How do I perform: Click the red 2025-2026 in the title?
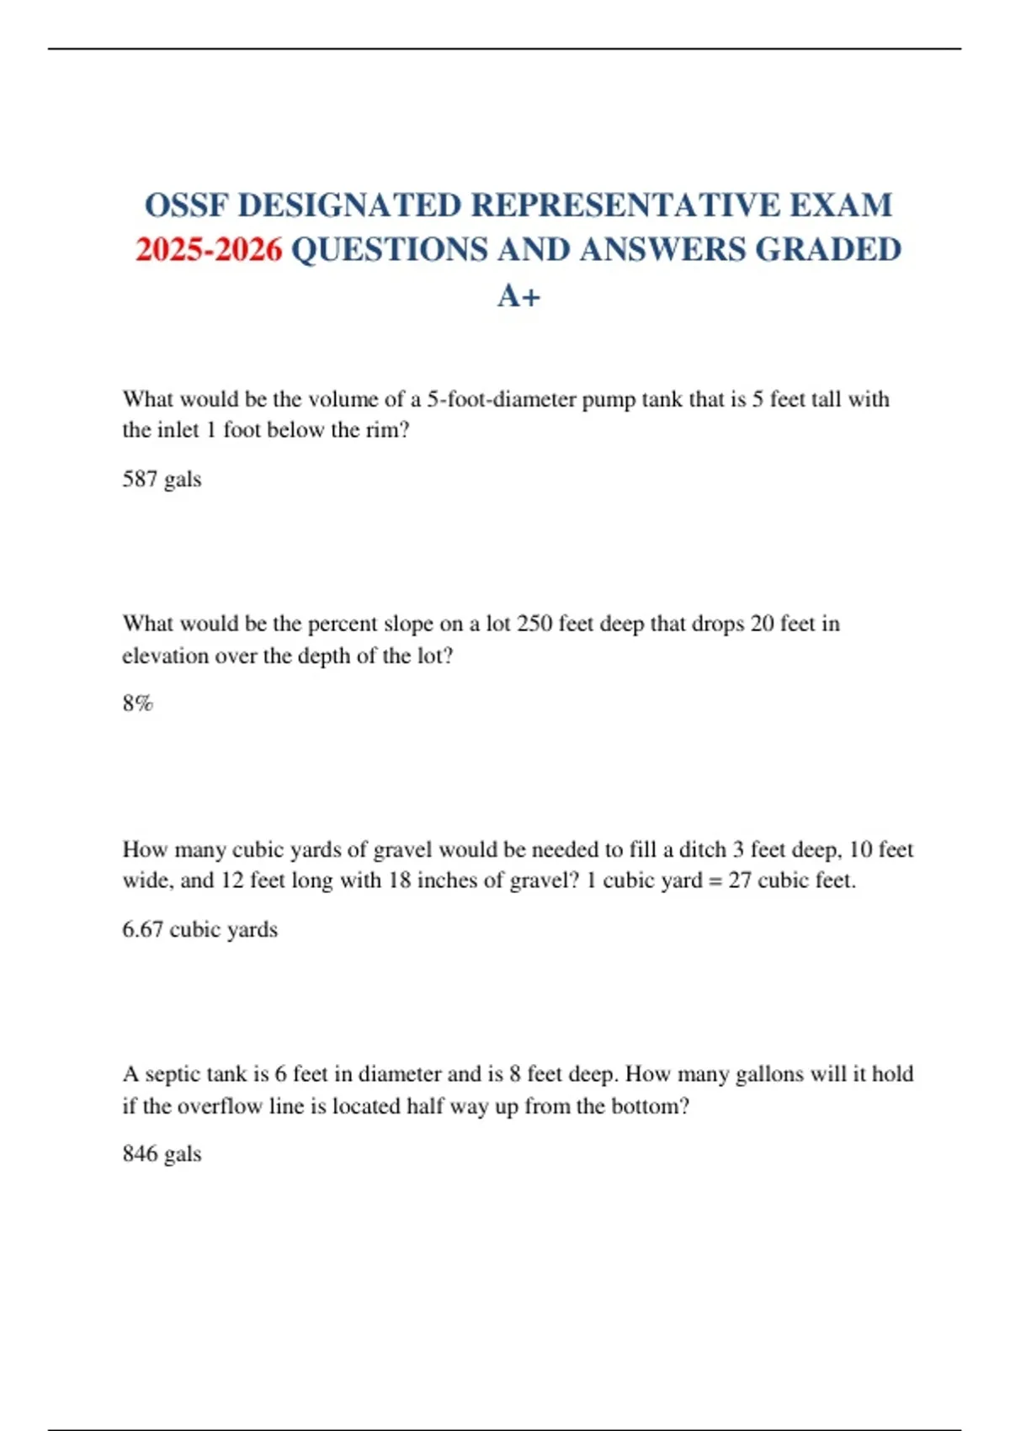point(209,250)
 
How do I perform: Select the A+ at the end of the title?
point(518,295)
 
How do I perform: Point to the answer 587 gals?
point(162,479)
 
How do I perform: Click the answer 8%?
point(137,703)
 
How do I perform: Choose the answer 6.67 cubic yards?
point(199,929)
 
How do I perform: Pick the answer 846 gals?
point(162,1153)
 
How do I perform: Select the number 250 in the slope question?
point(534,624)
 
